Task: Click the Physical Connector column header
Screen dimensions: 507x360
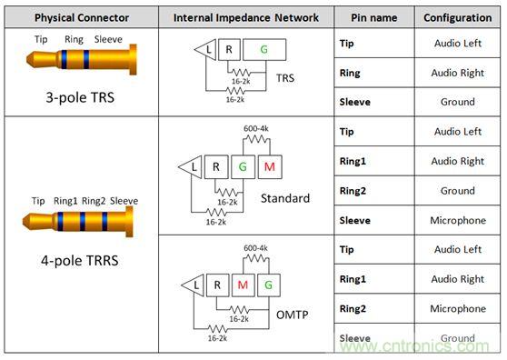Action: tap(82, 17)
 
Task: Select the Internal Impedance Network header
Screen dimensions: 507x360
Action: tap(246, 17)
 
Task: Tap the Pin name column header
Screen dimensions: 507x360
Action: tap(374, 17)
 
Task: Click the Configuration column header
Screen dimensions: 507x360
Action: tap(458, 17)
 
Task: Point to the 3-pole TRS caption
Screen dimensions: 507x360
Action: tap(80, 97)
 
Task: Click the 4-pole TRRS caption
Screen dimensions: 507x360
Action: tap(80, 260)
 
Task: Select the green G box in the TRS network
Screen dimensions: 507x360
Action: tap(264, 49)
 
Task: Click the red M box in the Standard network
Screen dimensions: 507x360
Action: tap(270, 167)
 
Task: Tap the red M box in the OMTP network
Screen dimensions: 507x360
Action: tap(243, 285)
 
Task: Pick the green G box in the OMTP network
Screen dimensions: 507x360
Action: tap(268, 285)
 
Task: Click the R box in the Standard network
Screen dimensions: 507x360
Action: tap(216, 167)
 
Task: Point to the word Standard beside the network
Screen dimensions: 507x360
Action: tap(285, 198)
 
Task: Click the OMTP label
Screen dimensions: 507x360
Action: tap(293, 315)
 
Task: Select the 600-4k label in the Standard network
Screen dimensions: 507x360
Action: tap(256, 128)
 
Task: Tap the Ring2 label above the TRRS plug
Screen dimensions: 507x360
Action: tap(94, 201)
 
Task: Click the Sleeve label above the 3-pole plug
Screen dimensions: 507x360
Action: tap(108, 39)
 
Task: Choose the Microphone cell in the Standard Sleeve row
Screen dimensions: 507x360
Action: tap(458, 220)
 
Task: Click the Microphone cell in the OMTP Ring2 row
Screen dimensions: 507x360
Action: tap(458, 308)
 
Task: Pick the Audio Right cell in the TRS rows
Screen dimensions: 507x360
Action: tap(458, 73)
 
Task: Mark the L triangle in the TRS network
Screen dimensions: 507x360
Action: tap(206, 49)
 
